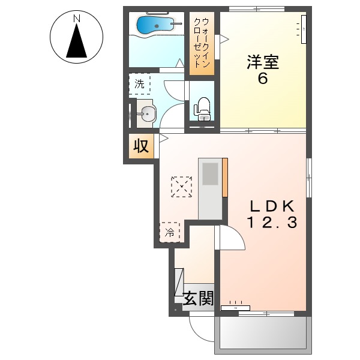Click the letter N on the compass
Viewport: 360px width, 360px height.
click(77, 19)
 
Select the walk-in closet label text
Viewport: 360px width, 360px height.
click(201, 42)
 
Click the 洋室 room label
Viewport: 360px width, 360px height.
click(262, 61)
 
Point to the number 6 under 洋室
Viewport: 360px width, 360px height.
click(262, 79)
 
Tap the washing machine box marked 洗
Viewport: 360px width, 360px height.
click(139, 84)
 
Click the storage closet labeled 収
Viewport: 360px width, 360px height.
click(141, 146)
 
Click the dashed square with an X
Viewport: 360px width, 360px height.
click(181, 187)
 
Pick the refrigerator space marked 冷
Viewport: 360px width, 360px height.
click(170, 232)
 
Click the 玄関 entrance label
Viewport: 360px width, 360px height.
click(198, 298)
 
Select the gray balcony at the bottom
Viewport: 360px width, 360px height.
click(263, 332)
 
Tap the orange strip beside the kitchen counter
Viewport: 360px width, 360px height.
click(225, 177)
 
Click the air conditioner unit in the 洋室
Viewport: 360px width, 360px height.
click(304, 28)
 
